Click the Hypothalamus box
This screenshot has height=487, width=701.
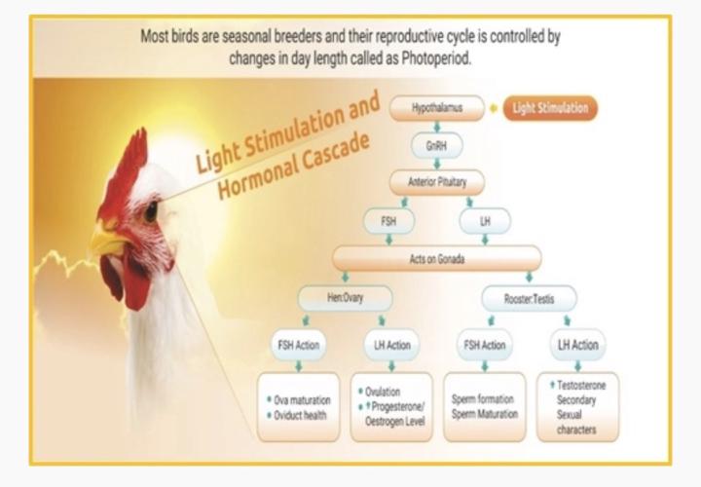tap(437, 108)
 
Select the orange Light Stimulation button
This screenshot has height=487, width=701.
tap(550, 108)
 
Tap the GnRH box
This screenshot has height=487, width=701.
tap(437, 145)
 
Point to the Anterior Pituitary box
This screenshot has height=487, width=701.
tap(437, 183)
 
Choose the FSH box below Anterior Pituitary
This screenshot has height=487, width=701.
tap(389, 221)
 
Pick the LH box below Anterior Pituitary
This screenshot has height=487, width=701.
tap(486, 221)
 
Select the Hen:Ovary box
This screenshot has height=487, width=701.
tap(345, 298)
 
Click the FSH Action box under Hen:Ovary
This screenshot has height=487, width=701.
tap(298, 345)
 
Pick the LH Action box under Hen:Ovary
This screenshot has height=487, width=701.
tap(391, 345)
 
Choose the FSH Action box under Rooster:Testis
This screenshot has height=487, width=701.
tap(484, 345)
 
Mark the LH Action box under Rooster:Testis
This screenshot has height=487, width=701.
tap(577, 345)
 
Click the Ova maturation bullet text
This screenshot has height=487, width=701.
tap(302, 400)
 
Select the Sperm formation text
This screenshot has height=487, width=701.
tap(484, 399)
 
